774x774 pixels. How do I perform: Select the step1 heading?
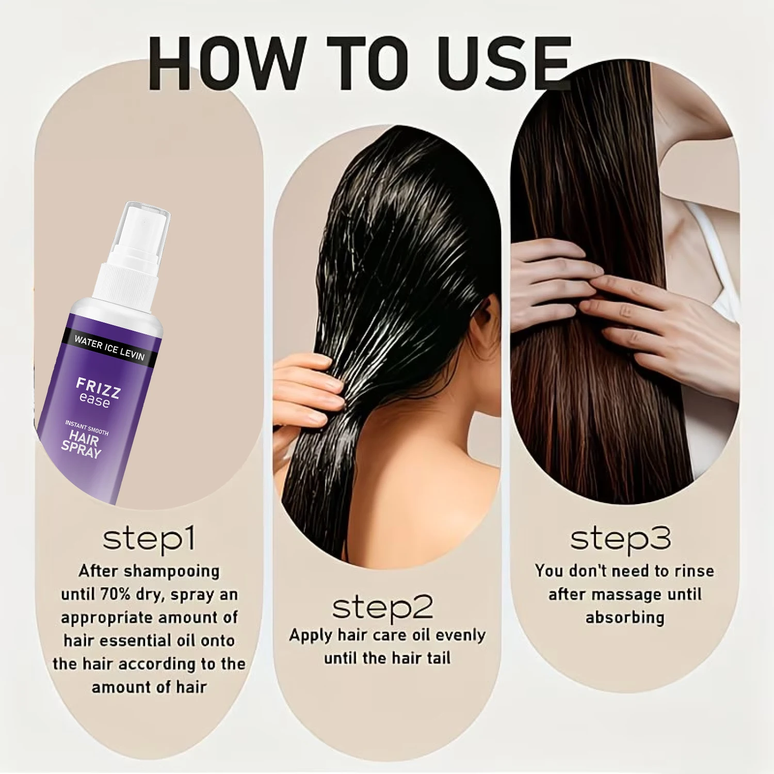(x=149, y=539)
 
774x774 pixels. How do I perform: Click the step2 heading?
(x=382, y=608)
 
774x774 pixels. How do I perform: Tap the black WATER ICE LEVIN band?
(x=108, y=347)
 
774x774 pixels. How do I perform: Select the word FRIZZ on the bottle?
(x=98, y=388)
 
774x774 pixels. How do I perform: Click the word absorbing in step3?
(x=625, y=618)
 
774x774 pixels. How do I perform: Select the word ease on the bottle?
(x=94, y=400)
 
